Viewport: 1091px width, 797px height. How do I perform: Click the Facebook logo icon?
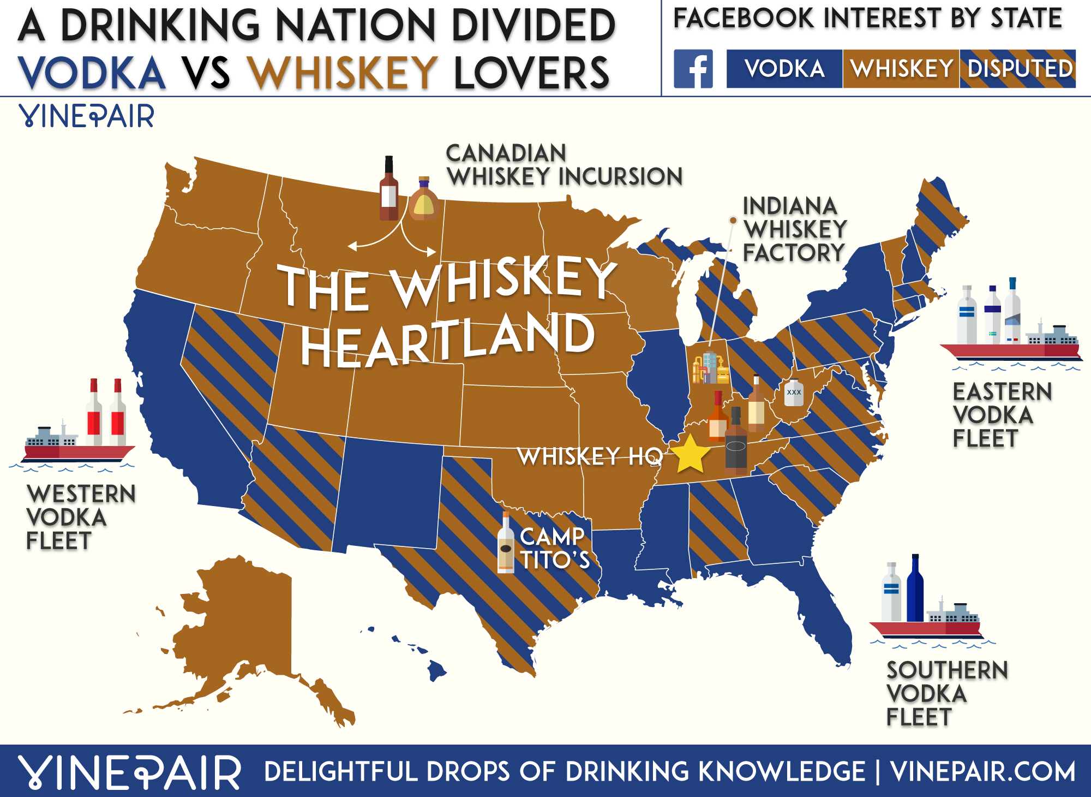point(693,69)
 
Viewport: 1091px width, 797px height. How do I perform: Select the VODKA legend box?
point(784,69)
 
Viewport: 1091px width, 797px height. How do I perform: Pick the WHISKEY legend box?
point(901,69)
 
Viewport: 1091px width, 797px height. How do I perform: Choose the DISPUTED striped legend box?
point(1018,69)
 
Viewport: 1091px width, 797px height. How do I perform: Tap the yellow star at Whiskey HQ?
point(690,454)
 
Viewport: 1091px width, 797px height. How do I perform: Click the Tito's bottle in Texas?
point(506,544)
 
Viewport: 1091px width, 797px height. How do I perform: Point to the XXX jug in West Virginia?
point(794,392)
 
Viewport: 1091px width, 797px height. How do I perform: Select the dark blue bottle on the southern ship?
point(915,590)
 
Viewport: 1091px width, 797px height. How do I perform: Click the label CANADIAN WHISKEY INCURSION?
point(564,165)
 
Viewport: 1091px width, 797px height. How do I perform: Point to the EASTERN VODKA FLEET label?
point(1001,415)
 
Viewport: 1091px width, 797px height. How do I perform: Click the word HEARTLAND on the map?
point(447,340)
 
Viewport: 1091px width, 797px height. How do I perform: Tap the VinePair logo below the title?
point(87,116)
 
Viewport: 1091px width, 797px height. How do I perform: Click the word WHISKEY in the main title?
point(343,73)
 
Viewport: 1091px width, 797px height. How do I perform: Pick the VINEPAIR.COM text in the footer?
point(982,772)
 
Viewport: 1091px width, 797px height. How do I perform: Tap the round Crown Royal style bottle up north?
point(424,200)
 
